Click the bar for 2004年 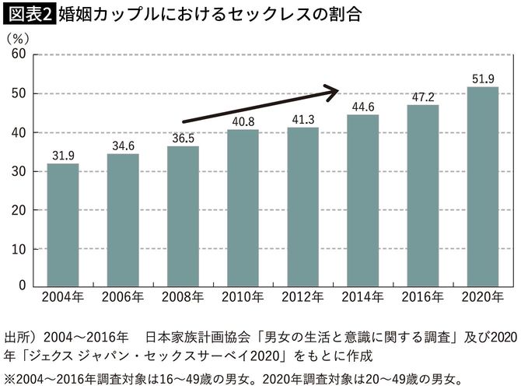[63, 225]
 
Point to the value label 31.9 [63, 154]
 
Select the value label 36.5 [183, 137]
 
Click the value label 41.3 [302, 118]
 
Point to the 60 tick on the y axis [19, 54]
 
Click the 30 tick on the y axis [19, 171]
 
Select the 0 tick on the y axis [23, 287]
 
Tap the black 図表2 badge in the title [28, 14]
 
